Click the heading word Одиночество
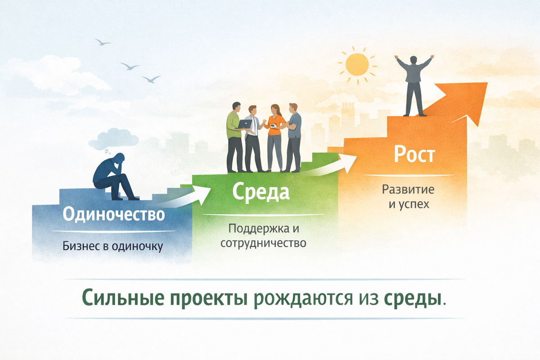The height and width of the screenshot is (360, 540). [113, 215]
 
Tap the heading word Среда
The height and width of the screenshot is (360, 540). [261, 193]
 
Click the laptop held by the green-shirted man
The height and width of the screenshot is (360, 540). [245, 123]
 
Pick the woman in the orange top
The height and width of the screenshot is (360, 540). [275, 137]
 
